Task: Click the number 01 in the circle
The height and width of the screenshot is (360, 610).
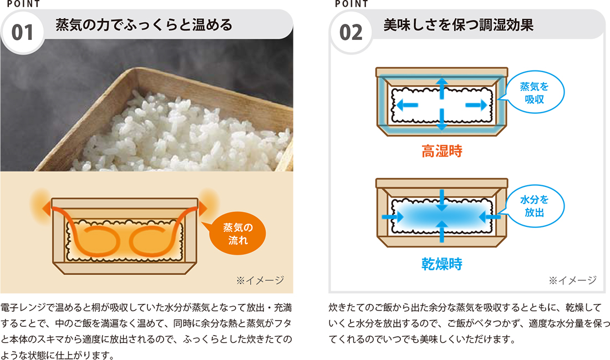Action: point(23,33)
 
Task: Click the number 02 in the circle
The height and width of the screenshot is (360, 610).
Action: point(350,33)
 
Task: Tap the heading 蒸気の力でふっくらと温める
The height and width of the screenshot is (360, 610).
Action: point(144,25)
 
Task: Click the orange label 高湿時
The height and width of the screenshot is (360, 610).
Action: point(441,152)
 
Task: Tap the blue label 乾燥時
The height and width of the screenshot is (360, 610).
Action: point(441,264)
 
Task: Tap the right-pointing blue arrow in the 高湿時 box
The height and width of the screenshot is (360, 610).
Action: point(476,104)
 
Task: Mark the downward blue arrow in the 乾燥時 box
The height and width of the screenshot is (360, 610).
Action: point(441,200)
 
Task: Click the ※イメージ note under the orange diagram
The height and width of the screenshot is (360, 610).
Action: point(260,280)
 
